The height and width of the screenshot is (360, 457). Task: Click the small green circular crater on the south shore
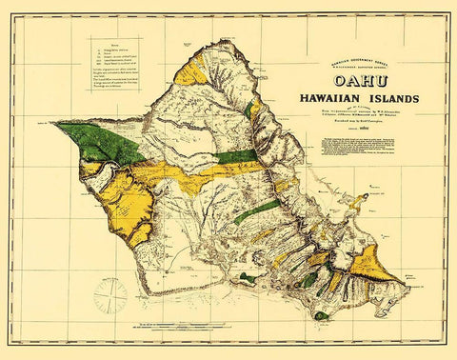pos(248,277)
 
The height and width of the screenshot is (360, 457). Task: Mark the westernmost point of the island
pos(54,122)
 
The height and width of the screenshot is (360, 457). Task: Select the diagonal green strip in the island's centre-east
pos(256,209)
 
